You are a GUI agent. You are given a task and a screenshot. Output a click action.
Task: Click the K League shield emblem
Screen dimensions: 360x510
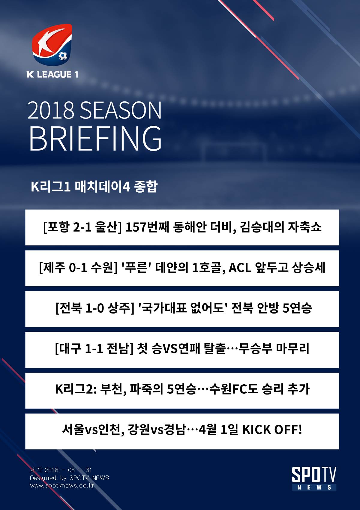[52, 45]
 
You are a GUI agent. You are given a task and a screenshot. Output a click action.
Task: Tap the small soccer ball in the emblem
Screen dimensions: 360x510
[63, 56]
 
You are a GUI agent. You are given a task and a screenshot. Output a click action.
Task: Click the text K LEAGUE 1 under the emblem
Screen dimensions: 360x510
[52, 74]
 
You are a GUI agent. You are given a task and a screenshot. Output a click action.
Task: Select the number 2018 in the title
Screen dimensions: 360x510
[51, 110]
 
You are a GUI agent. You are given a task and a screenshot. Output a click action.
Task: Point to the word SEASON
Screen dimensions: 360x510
[121, 110]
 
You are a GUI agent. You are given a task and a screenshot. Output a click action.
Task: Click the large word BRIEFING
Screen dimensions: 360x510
[95, 139]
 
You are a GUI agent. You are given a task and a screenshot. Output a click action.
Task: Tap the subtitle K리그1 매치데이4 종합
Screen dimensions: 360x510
[94, 187]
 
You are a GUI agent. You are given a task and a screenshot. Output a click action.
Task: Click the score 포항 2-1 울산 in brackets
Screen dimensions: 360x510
[82, 227]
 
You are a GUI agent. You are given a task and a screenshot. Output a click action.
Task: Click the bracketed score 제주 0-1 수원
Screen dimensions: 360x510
[78, 268]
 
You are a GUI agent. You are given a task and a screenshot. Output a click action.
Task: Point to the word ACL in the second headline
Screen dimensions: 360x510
[240, 268]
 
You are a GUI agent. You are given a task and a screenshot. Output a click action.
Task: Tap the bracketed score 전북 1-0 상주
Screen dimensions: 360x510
[95, 308]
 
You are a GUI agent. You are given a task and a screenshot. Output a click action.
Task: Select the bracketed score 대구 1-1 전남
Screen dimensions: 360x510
[94, 349]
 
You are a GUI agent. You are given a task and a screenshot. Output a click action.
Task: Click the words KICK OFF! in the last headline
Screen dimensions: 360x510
[272, 430]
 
